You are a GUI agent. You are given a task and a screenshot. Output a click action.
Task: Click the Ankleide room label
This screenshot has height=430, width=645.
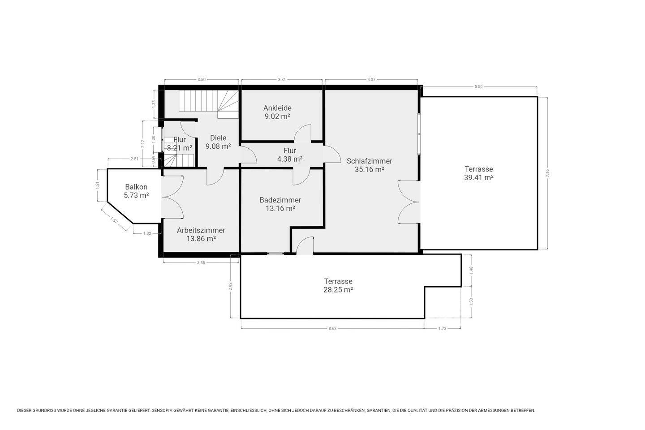pyautogui.click(x=277, y=108)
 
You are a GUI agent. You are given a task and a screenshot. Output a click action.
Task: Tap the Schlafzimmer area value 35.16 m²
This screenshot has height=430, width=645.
pyautogui.click(x=369, y=169)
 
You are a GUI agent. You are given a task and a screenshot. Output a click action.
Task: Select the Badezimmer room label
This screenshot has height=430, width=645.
pyautogui.click(x=280, y=200)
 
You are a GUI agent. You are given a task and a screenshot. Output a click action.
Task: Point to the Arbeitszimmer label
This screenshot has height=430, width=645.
pyautogui.click(x=201, y=230)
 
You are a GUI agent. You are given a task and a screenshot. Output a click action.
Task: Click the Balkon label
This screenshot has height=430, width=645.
pyautogui.click(x=136, y=187)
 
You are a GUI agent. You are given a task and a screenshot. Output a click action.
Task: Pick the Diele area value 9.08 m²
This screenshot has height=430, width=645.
pyautogui.click(x=218, y=146)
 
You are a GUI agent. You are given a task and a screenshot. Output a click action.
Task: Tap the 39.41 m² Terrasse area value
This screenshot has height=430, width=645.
pyautogui.click(x=479, y=177)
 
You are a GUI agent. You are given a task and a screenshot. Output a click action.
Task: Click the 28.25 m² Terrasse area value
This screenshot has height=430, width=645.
pyautogui.click(x=338, y=290)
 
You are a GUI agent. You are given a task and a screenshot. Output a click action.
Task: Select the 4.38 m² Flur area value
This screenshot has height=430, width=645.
pyautogui.click(x=290, y=159)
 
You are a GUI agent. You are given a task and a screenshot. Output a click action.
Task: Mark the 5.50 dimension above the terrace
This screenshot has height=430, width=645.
pyautogui.click(x=478, y=87)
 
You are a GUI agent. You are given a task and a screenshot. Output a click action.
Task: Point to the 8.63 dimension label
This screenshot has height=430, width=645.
pyautogui.click(x=332, y=328)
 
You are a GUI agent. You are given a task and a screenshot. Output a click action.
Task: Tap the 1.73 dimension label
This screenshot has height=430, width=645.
pyautogui.click(x=442, y=328)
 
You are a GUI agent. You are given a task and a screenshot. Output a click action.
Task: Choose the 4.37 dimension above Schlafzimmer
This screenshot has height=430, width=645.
pyautogui.click(x=371, y=79)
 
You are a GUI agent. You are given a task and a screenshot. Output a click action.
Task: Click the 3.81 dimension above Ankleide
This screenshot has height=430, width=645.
pyautogui.click(x=282, y=79)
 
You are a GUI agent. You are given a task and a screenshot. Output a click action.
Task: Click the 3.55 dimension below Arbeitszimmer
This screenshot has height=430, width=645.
pyautogui.click(x=201, y=262)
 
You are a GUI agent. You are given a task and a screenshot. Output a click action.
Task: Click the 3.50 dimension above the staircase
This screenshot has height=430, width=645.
pyautogui.click(x=202, y=79)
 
